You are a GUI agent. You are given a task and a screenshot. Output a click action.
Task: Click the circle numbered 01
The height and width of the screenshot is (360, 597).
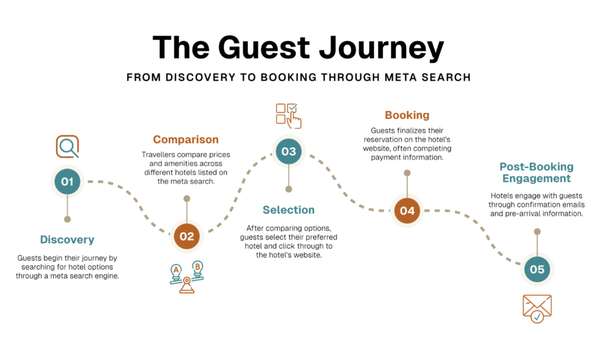click(68, 182)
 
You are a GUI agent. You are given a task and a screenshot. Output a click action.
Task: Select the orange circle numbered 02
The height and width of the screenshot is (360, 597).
click(187, 237)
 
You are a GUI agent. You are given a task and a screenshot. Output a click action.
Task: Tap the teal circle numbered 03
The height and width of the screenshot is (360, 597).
click(289, 151)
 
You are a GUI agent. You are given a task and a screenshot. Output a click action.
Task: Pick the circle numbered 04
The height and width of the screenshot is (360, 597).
click(407, 210)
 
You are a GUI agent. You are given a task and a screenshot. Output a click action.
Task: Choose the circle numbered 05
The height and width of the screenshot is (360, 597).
click(537, 269)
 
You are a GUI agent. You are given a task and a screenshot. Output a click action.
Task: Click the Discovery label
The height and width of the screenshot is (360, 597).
click(67, 239)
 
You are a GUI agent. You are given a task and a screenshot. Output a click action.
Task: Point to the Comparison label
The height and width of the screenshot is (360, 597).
click(186, 140)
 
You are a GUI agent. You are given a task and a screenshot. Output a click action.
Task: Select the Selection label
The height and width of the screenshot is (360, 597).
click(289, 210)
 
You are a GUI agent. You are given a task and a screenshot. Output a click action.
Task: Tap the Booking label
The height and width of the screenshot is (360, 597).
click(407, 115)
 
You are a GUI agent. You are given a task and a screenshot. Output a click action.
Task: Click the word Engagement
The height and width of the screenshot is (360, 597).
click(536, 179)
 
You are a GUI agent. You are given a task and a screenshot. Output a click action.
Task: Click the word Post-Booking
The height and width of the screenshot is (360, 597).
click(536, 167)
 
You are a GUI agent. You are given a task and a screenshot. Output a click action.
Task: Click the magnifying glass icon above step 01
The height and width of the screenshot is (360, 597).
click(68, 146)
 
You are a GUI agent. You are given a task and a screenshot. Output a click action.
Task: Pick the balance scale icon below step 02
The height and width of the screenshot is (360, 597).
click(187, 277)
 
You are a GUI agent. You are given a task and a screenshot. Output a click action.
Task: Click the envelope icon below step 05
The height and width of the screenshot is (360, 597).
click(537, 308)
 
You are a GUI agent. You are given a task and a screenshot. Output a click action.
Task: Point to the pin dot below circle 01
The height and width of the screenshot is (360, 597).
click(68, 219)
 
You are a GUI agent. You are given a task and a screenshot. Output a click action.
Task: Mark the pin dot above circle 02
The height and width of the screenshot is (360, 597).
click(187, 199)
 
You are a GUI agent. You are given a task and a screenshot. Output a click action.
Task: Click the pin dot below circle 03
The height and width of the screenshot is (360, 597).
click(289, 189)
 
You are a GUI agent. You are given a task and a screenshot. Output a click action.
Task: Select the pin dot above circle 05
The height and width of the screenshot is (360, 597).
click(537, 231)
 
